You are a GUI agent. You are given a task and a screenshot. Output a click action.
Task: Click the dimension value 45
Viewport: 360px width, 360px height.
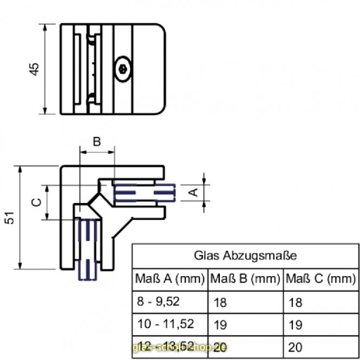point(34,69)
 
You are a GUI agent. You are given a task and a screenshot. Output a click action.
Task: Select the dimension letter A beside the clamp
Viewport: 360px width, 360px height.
point(192,191)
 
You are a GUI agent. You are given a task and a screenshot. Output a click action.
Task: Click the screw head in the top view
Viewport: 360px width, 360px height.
point(123,69)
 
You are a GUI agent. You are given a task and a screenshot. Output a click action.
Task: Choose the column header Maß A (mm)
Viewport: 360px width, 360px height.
point(169,279)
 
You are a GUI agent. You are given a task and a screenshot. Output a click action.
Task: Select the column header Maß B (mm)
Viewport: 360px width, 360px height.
point(244,279)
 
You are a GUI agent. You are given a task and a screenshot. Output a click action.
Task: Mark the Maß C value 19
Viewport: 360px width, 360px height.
point(296,325)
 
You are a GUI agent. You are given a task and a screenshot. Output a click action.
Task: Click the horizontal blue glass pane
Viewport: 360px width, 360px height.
point(145,192)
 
